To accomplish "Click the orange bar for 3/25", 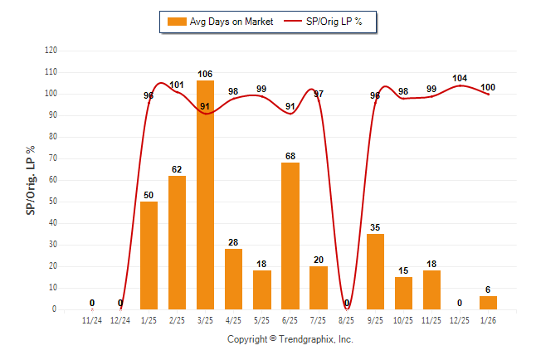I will [205, 195].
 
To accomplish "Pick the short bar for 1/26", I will [488, 303].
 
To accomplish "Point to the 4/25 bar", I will [233, 279].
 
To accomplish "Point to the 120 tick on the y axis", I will [51, 51].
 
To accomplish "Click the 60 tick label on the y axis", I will [53, 180].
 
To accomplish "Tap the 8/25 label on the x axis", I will [347, 319].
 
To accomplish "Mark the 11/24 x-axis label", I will [92, 319].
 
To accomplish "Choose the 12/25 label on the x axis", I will [460, 319].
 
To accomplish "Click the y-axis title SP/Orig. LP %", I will [31, 180].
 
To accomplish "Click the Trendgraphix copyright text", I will [290, 339].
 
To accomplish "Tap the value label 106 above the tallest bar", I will [205, 74].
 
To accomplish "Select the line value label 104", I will [460, 78].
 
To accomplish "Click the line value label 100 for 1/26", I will [488, 87].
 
